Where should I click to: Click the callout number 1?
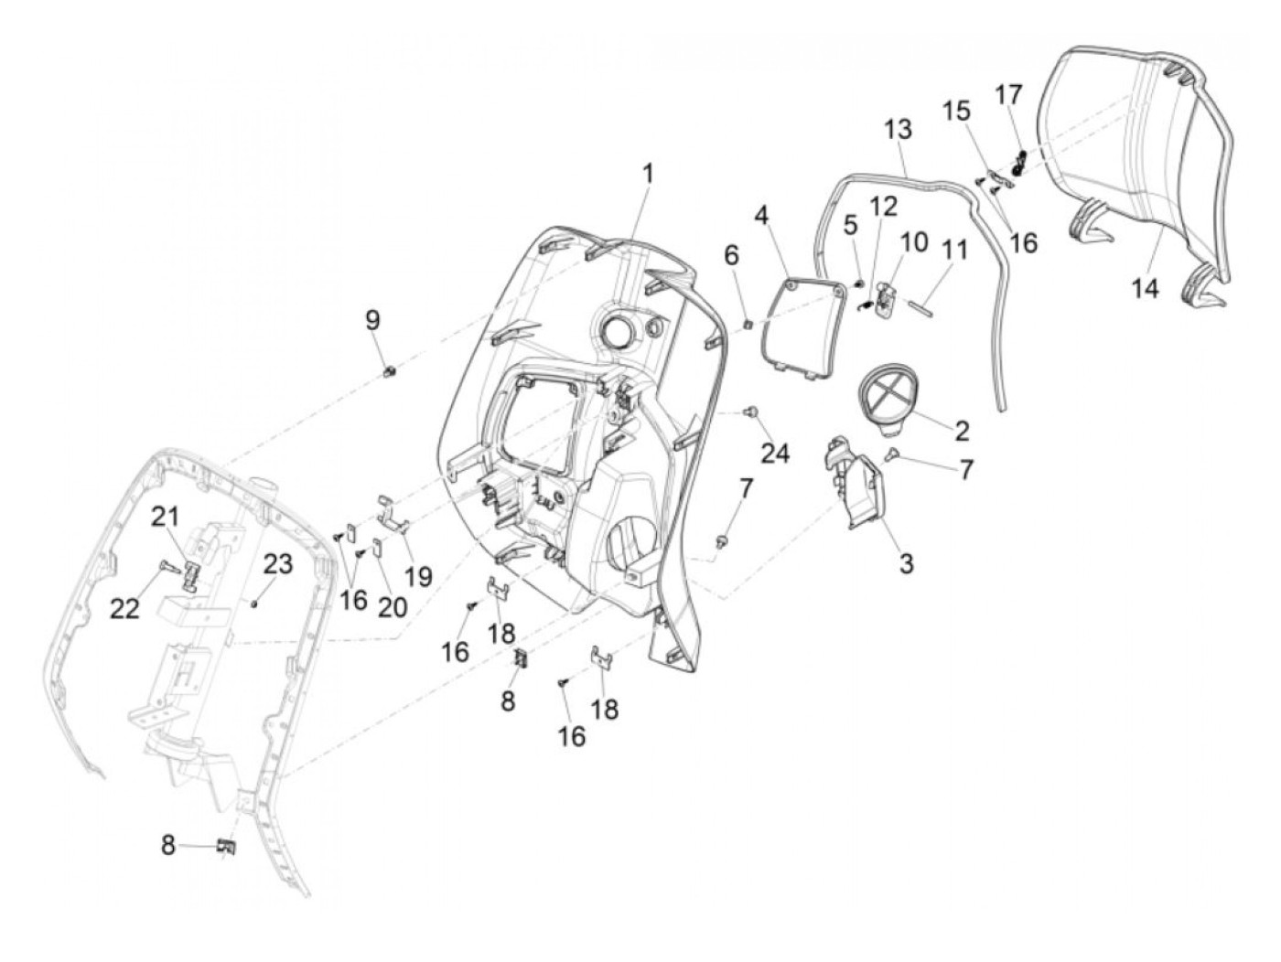pyautogui.click(x=648, y=173)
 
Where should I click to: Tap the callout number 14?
pyautogui.click(x=1144, y=289)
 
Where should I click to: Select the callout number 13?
pyautogui.click(x=898, y=129)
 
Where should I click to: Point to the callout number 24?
pyautogui.click(x=775, y=453)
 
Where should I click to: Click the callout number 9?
pyautogui.click(x=372, y=321)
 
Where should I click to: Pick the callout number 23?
pyautogui.click(x=278, y=564)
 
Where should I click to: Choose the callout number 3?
pyautogui.click(x=906, y=564)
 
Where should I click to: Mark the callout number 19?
pyautogui.click(x=418, y=577)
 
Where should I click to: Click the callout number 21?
pyautogui.click(x=165, y=518)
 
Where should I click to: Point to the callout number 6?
pyautogui.click(x=731, y=257)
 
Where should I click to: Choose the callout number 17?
pyautogui.click(x=1009, y=95)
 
